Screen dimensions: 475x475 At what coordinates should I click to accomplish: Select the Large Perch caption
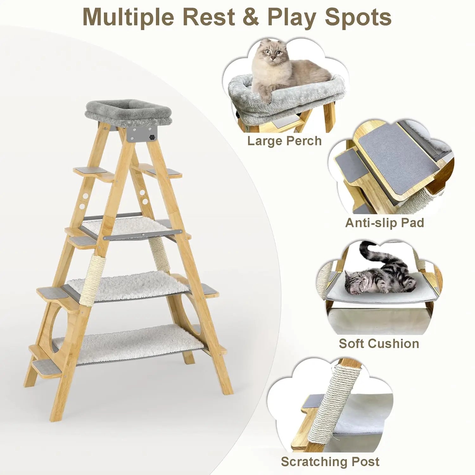click(x=284, y=141)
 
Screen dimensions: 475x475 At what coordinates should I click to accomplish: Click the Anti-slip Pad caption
click(x=384, y=223)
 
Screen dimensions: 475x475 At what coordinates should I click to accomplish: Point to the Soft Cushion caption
click(x=379, y=343)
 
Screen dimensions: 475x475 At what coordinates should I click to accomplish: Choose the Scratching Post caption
click(x=330, y=462)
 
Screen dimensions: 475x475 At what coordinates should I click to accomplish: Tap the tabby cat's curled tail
click(x=370, y=250)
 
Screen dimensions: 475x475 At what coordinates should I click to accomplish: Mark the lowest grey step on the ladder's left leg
click(x=43, y=367)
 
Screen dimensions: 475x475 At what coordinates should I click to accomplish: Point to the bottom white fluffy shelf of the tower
click(x=127, y=344)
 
